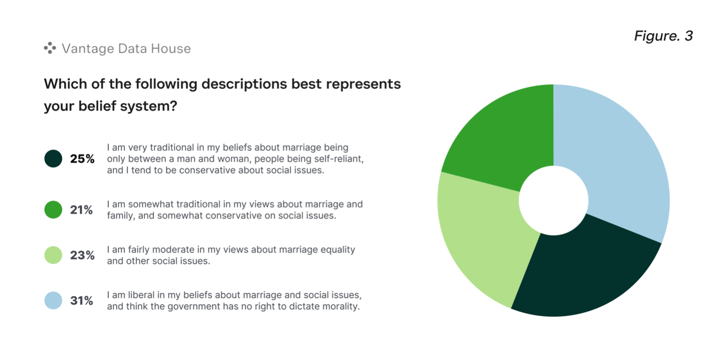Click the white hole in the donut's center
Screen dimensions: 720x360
pyautogui.click(x=553, y=200)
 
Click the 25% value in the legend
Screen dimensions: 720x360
pyautogui.click(x=82, y=159)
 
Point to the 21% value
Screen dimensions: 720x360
pyautogui.click(x=82, y=210)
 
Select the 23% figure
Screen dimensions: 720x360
pyautogui.click(x=82, y=255)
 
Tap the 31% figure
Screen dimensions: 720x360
pyautogui.click(x=82, y=301)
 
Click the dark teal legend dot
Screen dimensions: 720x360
pyautogui.click(x=53, y=159)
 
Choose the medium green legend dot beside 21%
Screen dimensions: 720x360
pyautogui.click(x=53, y=209)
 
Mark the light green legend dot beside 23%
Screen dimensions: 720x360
pyautogui.click(x=53, y=255)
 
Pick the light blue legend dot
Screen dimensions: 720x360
pyautogui.click(x=53, y=300)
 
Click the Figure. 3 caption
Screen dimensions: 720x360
pyautogui.click(x=664, y=36)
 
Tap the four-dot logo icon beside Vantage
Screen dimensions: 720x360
pyautogui.click(x=50, y=48)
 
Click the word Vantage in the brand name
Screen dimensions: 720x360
pyautogui.click(x=88, y=49)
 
